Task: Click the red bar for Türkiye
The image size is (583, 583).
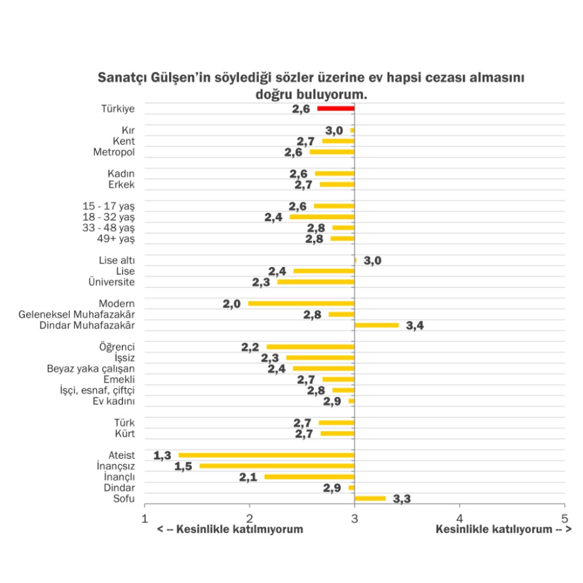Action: (336, 109)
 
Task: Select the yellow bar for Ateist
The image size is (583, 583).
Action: (266, 455)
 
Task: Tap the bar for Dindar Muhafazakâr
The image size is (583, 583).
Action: (377, 325)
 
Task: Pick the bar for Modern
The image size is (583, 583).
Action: (301, 303)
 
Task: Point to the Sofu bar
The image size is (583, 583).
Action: (370, 499)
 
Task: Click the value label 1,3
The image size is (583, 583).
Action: (162, 455)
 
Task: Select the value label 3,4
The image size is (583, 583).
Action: (415, 326)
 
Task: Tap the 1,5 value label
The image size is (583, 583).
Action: (183, 466)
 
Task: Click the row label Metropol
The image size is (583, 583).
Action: (114, 153)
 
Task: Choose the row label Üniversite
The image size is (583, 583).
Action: (112, 282)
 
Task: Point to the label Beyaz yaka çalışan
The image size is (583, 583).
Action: (91, 368)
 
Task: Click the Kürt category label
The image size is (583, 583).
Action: (125, 434)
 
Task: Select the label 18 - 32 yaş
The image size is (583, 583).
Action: (109, 217)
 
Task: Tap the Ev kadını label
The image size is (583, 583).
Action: (114, 401)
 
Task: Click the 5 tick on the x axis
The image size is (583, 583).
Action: (565, 518)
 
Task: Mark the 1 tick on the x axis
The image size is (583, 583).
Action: (145, 518)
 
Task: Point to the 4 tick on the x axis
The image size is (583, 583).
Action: (460, 518)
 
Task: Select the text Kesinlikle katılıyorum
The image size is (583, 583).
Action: (494, 529)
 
